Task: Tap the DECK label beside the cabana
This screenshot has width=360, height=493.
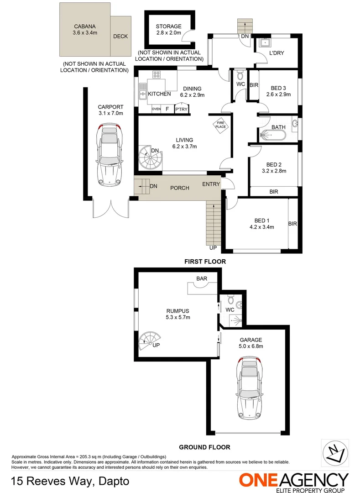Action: coord(120,37)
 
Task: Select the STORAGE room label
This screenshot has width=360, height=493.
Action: coord(168,26)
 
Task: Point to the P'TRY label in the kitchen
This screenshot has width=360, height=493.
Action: coord(181,109)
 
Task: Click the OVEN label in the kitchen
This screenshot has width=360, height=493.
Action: coord(156,109)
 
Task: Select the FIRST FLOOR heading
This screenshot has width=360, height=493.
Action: coord(205,262)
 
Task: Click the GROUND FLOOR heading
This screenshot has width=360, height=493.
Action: coord(204,447)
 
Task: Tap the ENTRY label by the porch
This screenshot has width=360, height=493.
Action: coord(212,184)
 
